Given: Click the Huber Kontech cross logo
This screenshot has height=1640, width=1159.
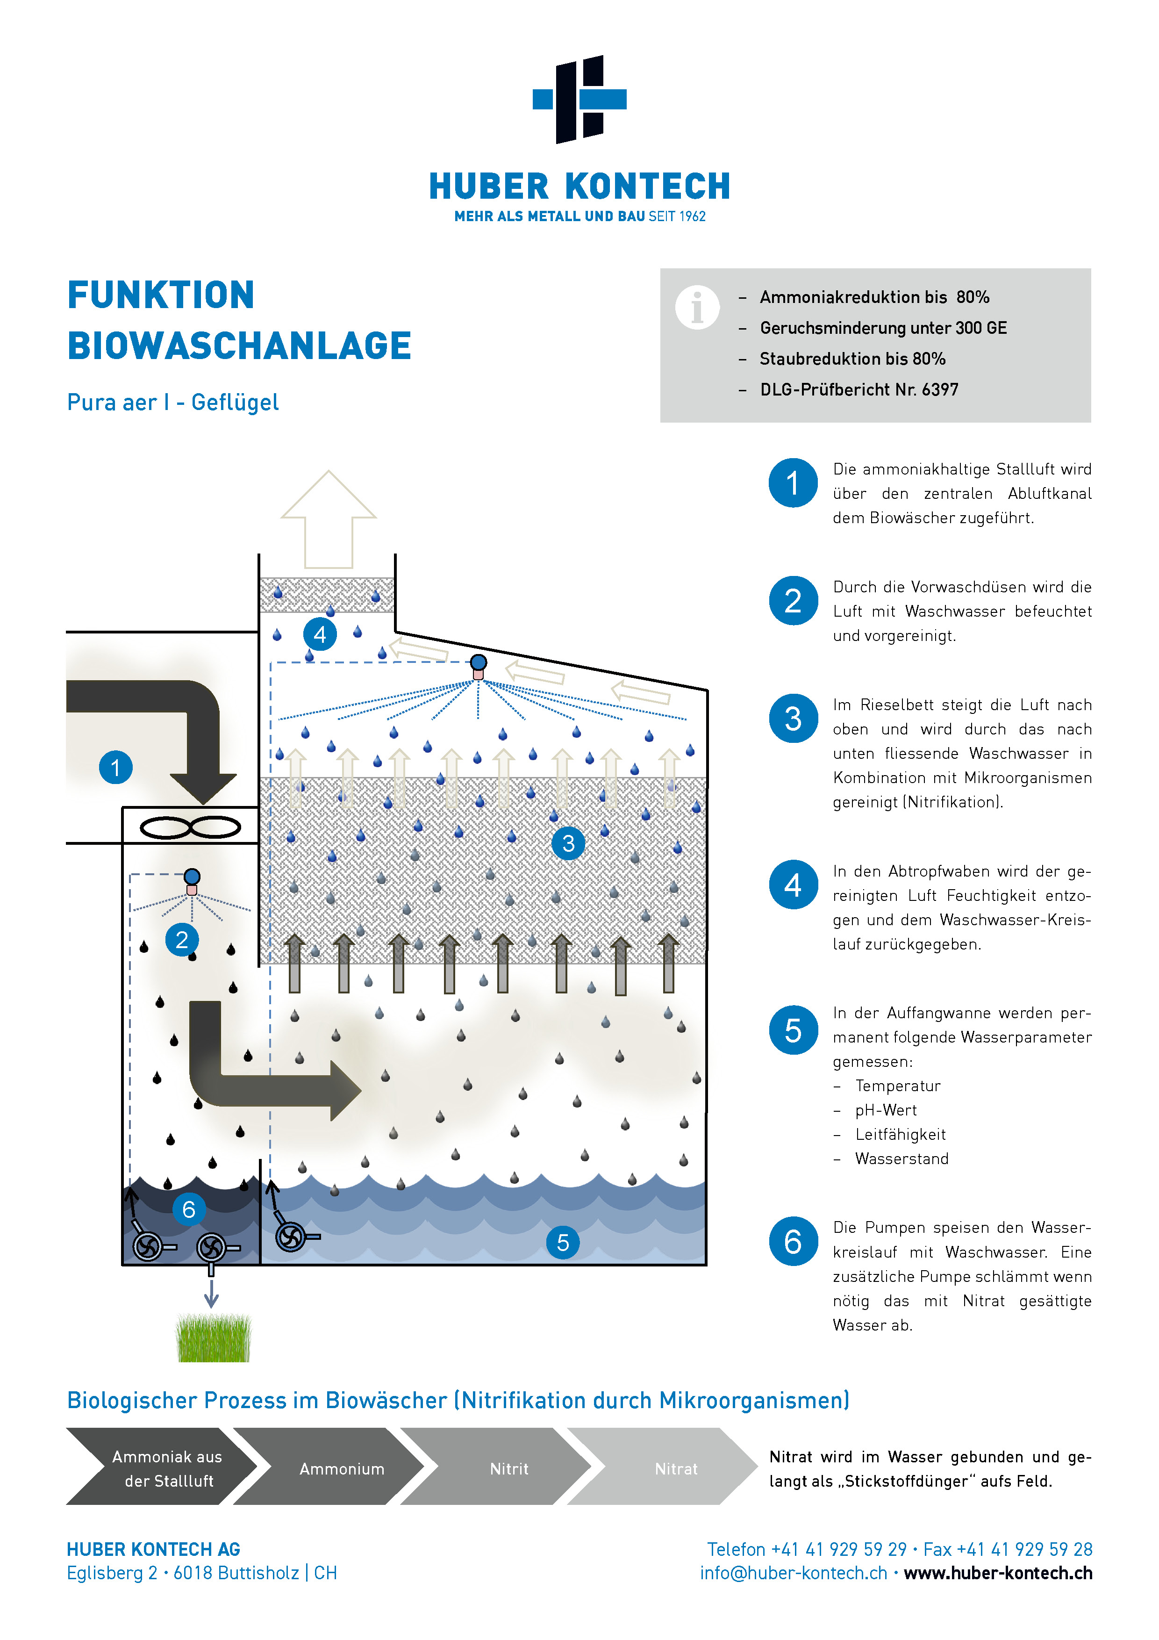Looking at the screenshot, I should tap(579, 99).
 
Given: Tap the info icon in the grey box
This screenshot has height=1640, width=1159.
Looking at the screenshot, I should tap(697, 307).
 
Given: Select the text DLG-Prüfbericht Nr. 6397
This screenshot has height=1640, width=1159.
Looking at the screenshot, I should tap(859, 389).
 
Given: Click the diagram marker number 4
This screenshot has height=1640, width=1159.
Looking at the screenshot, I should tap(320, 634).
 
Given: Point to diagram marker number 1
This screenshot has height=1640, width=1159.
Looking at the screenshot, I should tap(116, 768).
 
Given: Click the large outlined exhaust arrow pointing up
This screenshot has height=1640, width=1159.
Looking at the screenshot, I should tap(329, 519).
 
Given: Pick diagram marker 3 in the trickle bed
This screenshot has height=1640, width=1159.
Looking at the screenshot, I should tap(568, 843).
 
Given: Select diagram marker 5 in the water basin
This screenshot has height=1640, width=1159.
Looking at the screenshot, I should tap(563, 1243).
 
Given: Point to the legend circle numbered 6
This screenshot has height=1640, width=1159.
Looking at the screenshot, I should tap(793, 1241).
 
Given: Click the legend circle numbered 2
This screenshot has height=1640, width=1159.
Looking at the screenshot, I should tap(793, 601).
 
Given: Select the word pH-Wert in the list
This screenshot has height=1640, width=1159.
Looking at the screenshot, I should tap(886, 1110).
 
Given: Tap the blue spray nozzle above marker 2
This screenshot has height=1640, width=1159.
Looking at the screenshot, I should tap(192, 877).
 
